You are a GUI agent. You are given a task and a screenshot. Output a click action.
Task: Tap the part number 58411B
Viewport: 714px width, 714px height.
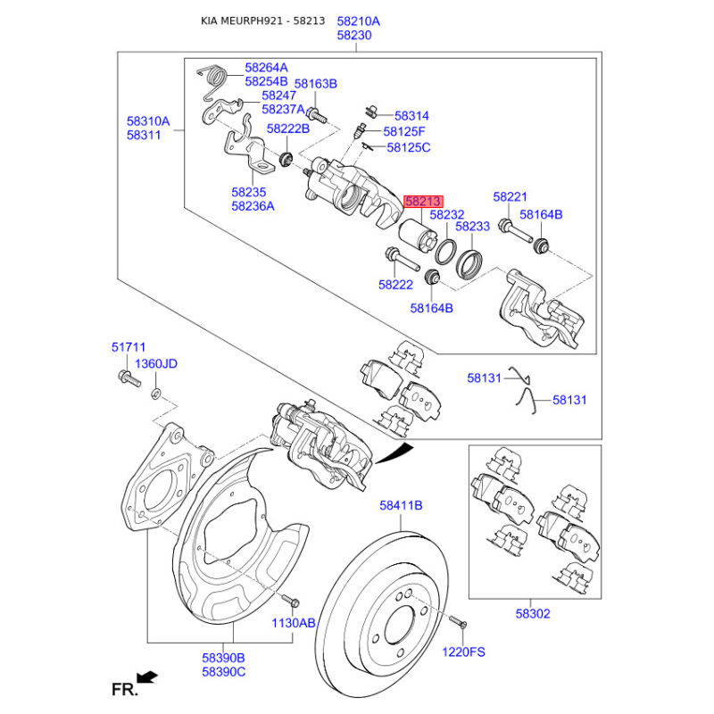coord(401,505)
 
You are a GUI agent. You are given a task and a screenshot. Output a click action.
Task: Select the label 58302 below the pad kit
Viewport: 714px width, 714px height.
coord(533,614)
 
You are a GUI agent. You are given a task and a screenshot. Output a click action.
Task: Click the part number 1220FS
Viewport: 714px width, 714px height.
coord(463,652)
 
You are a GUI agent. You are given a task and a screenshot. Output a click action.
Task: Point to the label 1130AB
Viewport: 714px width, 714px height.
coord(294,624)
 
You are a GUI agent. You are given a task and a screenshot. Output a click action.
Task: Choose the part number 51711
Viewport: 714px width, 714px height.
coord(128,347)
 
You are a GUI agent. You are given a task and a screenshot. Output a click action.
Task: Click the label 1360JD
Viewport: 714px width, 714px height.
coord(156,364)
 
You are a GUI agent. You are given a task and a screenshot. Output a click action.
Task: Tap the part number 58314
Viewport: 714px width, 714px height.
coord(411,116)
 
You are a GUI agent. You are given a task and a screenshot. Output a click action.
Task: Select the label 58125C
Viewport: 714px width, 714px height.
coord(407,147)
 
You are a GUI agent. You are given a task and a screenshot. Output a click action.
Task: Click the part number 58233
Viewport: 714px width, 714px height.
coord(472,227)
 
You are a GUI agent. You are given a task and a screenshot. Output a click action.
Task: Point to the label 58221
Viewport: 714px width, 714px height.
coord(511,196)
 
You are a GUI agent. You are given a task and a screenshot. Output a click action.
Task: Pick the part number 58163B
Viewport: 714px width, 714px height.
coord(316,84)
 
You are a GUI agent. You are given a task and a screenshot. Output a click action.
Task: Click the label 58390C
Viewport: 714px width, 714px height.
coord(223,671)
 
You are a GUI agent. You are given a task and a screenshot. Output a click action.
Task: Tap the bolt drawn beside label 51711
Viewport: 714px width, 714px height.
coord(127,380)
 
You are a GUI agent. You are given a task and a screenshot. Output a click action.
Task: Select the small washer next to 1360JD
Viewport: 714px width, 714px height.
coord(156,394)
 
